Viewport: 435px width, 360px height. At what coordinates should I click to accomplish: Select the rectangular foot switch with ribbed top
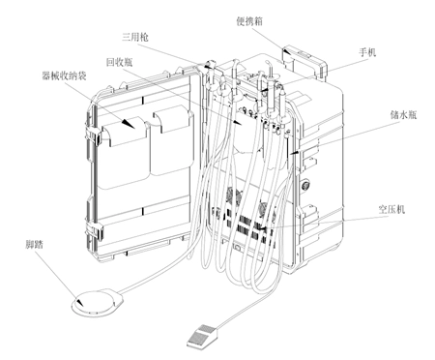(x=200, y=334)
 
